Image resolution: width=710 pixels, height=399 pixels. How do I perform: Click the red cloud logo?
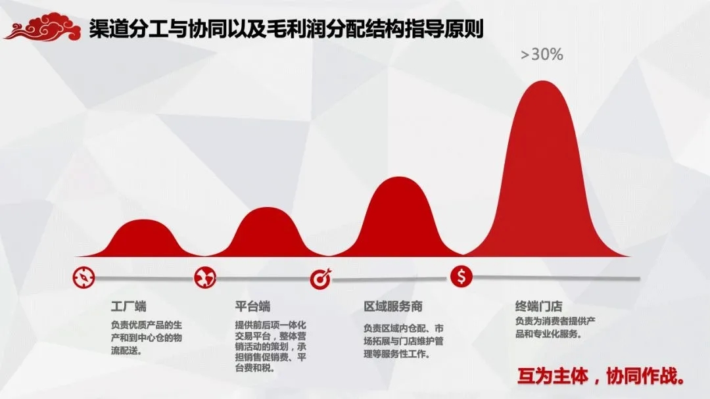(43, 27)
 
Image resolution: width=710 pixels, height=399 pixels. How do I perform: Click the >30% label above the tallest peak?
(542, 55)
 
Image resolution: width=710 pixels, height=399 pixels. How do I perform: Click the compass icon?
(83, 277)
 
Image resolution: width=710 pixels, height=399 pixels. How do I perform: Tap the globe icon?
(205, 277)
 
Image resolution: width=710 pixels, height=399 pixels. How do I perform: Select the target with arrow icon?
(321, 279)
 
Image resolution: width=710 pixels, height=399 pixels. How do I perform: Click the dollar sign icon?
(461, 276)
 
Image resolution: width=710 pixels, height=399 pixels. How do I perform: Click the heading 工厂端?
(129, 306)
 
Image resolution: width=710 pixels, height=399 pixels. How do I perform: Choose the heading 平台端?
(252, 306)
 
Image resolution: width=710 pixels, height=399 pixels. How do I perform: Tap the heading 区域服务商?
(393, 306)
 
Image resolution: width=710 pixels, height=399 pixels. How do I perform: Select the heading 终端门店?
(539, 306)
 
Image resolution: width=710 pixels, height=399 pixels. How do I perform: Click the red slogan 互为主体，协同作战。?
(601, 377)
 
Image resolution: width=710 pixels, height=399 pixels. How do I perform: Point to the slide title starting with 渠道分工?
(286, 28)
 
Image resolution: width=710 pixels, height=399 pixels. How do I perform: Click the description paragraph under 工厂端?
(146, 338)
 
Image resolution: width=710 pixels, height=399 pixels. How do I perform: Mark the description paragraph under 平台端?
(270, 346)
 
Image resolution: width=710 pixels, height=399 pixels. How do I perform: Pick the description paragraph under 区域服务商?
(404, 341)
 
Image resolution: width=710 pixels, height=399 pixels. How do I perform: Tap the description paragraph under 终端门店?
(555, 327)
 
